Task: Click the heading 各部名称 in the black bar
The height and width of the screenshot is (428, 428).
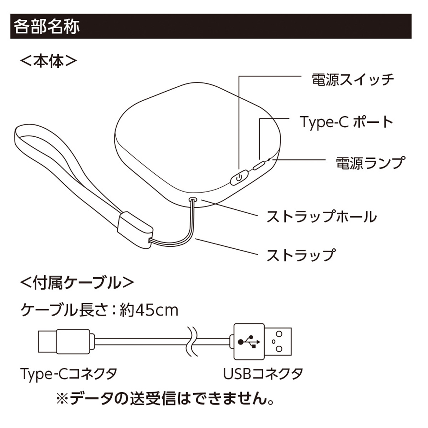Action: [47, 26]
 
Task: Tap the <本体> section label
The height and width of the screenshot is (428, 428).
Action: [49, 61]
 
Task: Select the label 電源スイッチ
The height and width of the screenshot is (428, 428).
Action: [353, 80]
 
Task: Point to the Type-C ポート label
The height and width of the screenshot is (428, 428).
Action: [346, 122]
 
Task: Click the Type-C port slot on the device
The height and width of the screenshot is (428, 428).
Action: [259, 166]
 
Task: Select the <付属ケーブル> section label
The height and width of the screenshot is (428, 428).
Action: [77, 283]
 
